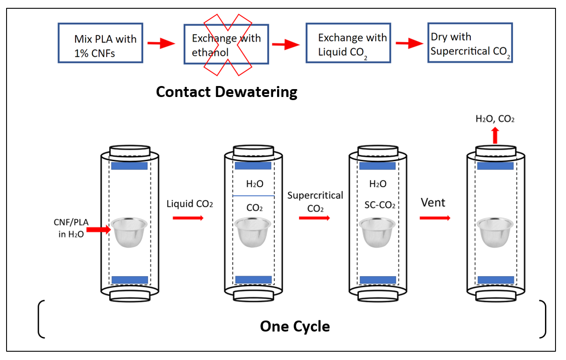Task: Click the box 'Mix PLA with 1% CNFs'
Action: pyautogui.click(x=100, y=43)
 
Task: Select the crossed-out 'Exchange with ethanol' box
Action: pyautogui.click(x=226, y=44)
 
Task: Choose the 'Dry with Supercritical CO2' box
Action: pyautogui.click(x=469, y=43)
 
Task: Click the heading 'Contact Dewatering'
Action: pyautogui.click(x=226, y=92)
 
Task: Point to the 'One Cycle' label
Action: pyautogui.click(x=295, y=326)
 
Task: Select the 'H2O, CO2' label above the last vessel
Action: pyautogui.click(x=495, y=118)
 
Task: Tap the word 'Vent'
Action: pyautogui.click(x=433, y=202)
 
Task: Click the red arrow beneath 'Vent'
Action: pyautogui.click(x=434, y=217)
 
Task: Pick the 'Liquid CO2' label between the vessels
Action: pyautogui.click(x=189, y=204)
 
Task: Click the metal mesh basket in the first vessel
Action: pyautogui.click(x=128, y=232)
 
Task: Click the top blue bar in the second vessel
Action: pyautogui.click(x=253, y=166)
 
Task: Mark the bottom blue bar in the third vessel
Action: pyautogui.click(x=377, y=280)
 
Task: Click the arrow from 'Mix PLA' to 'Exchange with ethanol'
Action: pyautogui.click(x=160, y=43)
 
